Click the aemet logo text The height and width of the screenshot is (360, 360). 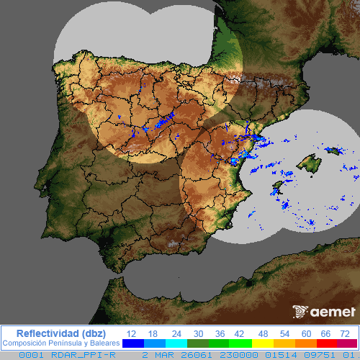pos(332,312)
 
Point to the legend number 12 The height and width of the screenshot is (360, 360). pos(131,333)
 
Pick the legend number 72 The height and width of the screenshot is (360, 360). pos(346,333)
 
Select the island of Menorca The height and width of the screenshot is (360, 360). pos(333,150)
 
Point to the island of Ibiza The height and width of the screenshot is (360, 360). pos(276,190)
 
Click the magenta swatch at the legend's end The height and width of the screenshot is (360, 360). pos(347,343)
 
